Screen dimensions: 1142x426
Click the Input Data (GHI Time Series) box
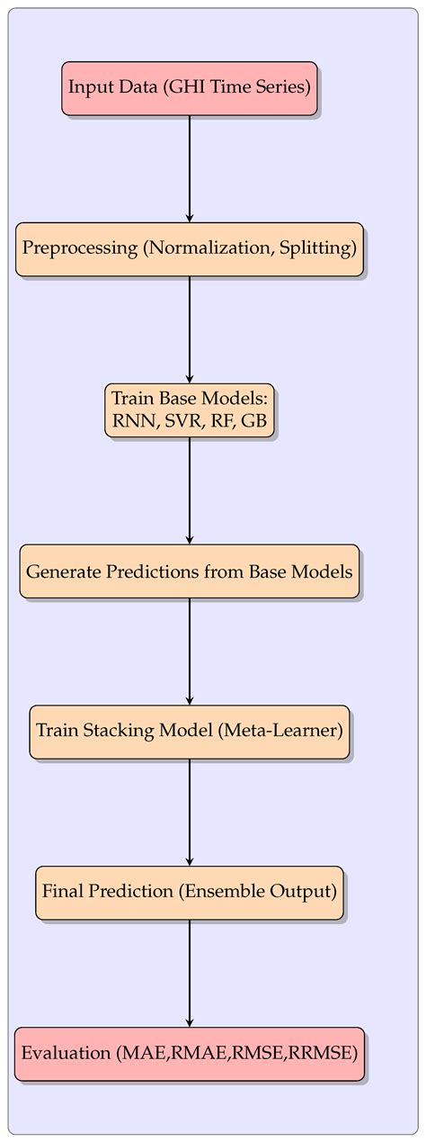(x=189, y=88)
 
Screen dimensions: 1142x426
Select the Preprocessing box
(x=189, y=249)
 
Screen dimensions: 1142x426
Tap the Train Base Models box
(x=189, y=410)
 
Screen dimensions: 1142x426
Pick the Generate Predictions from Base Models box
(x=189, y=571)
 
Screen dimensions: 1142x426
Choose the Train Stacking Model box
(x=189, y=733)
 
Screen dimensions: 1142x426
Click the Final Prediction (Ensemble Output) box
(x=189, y=893)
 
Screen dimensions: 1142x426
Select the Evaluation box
(x=189, y=1054)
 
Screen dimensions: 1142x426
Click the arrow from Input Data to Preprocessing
(x=190, y=168)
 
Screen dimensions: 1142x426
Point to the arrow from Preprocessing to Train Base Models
(x=190, y=329)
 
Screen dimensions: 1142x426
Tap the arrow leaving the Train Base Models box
(x=190, y=490)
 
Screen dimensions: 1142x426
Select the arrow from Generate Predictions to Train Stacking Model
(x=190, y=652)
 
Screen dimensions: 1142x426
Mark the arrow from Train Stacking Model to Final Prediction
(x=190, y=813)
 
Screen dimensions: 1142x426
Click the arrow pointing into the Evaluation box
(x=190, y=974)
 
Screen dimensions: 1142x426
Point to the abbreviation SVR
(x=182, y=423)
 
